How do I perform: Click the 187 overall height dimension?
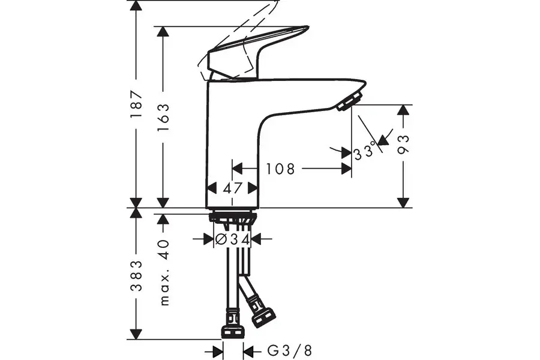(136, 104)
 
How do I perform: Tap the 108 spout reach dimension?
(280, 169)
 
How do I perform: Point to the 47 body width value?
(233, 188)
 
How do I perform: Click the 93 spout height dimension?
(403, 145)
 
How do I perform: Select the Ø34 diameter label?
(232, 239)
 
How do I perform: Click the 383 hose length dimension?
(137, 275)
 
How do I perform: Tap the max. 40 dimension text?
(164, 272)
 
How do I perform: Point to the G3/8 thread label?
(290, 351)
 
